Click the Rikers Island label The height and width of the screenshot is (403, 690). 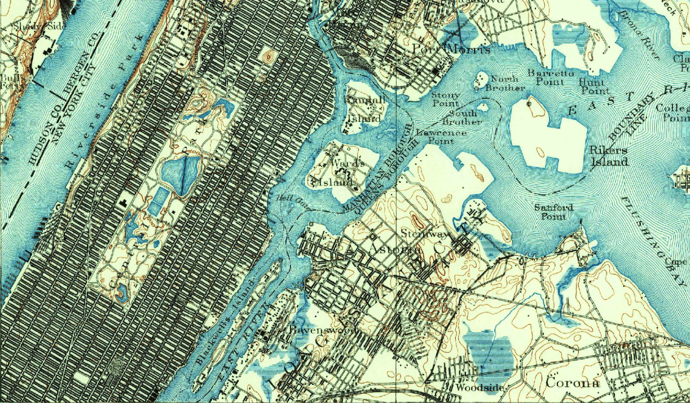608,156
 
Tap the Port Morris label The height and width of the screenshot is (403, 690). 450,49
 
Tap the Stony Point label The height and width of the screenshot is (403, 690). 445,99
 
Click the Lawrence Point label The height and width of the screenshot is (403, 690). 441,137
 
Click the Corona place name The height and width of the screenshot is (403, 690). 572,382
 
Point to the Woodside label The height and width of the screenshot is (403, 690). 472,388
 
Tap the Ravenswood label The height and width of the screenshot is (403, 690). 309,328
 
